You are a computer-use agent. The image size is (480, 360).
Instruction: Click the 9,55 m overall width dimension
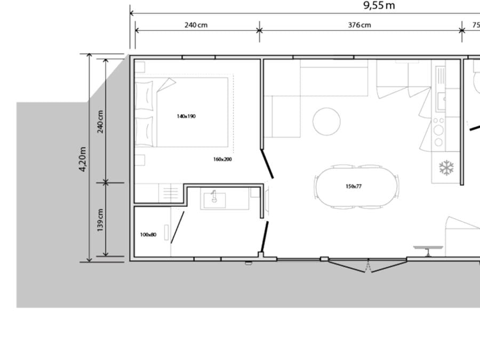[x=379, y=5]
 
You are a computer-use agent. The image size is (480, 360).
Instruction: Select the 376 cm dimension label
[x=359, y=25]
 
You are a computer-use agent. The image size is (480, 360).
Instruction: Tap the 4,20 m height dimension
[x=83, y=159]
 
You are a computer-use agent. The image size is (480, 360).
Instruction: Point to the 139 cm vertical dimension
[x=100, y=220]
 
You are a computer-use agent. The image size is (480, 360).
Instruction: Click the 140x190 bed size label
[x=186, y=116]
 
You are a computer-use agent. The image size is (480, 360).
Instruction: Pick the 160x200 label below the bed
[x=222, y=159]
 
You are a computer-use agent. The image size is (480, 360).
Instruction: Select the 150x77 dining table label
[x=354, y=186]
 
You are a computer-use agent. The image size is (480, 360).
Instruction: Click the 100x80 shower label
[x=148, y=235]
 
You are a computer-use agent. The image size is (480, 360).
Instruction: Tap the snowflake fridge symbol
[x=446, y=168]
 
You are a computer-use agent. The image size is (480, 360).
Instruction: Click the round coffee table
[x=326, y=122]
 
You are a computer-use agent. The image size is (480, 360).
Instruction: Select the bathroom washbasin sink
[x=214, y=200]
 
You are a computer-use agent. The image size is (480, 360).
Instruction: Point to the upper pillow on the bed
[x=144, y=95]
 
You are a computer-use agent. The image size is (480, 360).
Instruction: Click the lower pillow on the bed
[x=144, y=131]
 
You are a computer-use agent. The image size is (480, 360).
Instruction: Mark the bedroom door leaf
[x=267, y=164]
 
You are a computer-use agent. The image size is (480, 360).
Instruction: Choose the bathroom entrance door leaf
[x=265, y=237]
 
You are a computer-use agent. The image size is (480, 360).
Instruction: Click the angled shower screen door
[x=178, y=227]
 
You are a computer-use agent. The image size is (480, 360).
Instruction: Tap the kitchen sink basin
[x=441, y=101]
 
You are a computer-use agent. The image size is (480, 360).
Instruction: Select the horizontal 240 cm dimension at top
[x=196, y=25]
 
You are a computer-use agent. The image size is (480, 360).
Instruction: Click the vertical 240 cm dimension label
[x=100, y=122]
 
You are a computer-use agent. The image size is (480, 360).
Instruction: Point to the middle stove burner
[x=438, y=130]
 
